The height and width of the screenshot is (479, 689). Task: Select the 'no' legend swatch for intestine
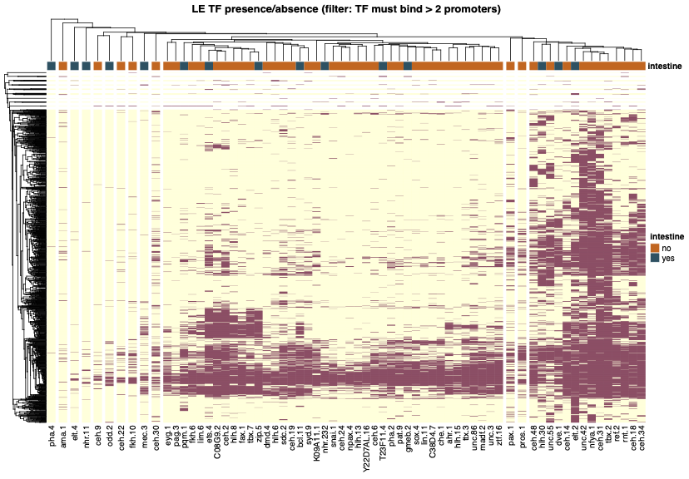[656, 247]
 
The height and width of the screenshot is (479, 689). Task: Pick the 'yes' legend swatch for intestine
[656, 258]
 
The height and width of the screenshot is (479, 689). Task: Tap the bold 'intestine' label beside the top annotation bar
[665, 66]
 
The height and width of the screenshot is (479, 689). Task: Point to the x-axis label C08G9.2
[217, 442]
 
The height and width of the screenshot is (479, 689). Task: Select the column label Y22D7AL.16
[366, 447]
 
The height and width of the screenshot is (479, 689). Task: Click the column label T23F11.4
[383, 442]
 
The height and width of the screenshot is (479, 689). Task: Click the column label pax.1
[510, 436]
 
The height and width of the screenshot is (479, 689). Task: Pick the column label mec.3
[144, 437]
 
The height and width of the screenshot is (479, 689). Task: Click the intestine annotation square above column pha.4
[52, 66]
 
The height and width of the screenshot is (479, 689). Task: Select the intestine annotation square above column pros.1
[522, 66]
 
